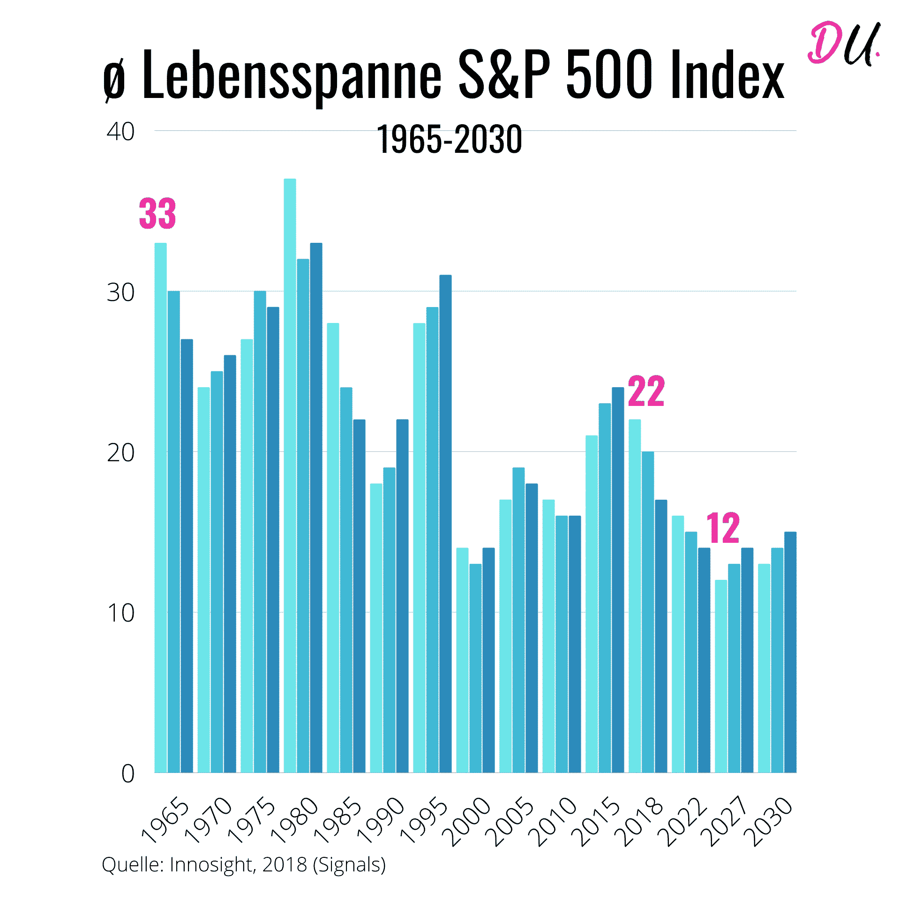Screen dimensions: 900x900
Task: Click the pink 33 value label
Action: click(x=157, y=214)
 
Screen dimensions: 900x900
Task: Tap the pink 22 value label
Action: click(x=646, y=391)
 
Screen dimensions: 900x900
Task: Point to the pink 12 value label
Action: click(x=723, y=528)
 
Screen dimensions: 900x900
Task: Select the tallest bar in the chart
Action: click(x=290, y=469)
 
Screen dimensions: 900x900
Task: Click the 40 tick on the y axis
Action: click(x=120, y=132)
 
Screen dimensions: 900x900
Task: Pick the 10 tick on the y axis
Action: click(x=120, y=613)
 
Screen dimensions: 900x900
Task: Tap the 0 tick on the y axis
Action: click(x=127, y=773)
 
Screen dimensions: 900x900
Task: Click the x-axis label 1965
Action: click(x=165, y=820)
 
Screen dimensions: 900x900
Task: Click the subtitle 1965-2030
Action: click(x=449, y=140)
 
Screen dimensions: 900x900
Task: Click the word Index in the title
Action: click(x=727, y=75)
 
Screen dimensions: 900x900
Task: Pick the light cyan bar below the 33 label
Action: click(x=161, y=506)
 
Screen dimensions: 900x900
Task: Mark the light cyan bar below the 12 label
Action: click(x=721, y=675)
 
